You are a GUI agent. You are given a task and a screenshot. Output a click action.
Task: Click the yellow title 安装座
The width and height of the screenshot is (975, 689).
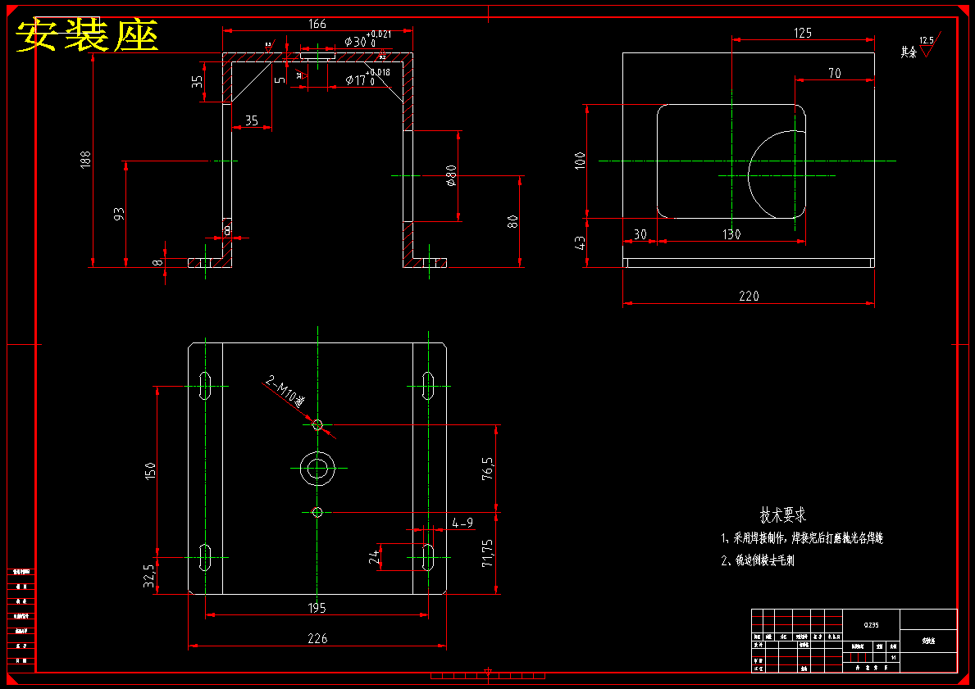click(87, 36)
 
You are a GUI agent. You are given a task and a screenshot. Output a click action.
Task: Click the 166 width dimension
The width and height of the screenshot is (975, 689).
click(317, 24)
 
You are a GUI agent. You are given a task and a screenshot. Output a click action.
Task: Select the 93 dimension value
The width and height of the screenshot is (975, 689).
click(119, 214)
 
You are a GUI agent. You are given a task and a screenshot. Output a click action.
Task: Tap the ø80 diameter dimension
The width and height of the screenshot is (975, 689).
click(450, 176)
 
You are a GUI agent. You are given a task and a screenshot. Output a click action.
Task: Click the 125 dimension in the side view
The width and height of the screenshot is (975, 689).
click(803, 33)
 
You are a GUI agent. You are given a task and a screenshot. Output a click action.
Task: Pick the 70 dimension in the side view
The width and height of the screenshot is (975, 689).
click(834, 74)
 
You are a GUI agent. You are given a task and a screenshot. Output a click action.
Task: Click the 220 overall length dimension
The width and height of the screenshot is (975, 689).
click(749, 296)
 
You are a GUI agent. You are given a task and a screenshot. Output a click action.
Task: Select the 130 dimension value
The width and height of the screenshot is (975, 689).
click(731, 234)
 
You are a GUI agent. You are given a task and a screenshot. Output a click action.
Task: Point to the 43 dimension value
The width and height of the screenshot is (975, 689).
click(581, 243)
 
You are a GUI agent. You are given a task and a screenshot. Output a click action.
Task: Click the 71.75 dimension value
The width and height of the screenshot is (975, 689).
click(489, 553)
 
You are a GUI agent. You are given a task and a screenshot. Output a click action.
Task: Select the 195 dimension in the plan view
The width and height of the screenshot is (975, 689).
click(317, 608)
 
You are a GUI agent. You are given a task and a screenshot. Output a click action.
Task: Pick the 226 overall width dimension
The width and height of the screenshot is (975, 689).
click(317, 638)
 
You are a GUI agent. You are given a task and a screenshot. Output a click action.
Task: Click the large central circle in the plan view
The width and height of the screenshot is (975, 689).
click(317, 469)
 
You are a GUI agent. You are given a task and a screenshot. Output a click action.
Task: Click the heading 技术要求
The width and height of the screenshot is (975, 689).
click(782, 515)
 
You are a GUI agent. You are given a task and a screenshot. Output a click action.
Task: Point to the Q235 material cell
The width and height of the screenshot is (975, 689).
click(871, 625)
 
